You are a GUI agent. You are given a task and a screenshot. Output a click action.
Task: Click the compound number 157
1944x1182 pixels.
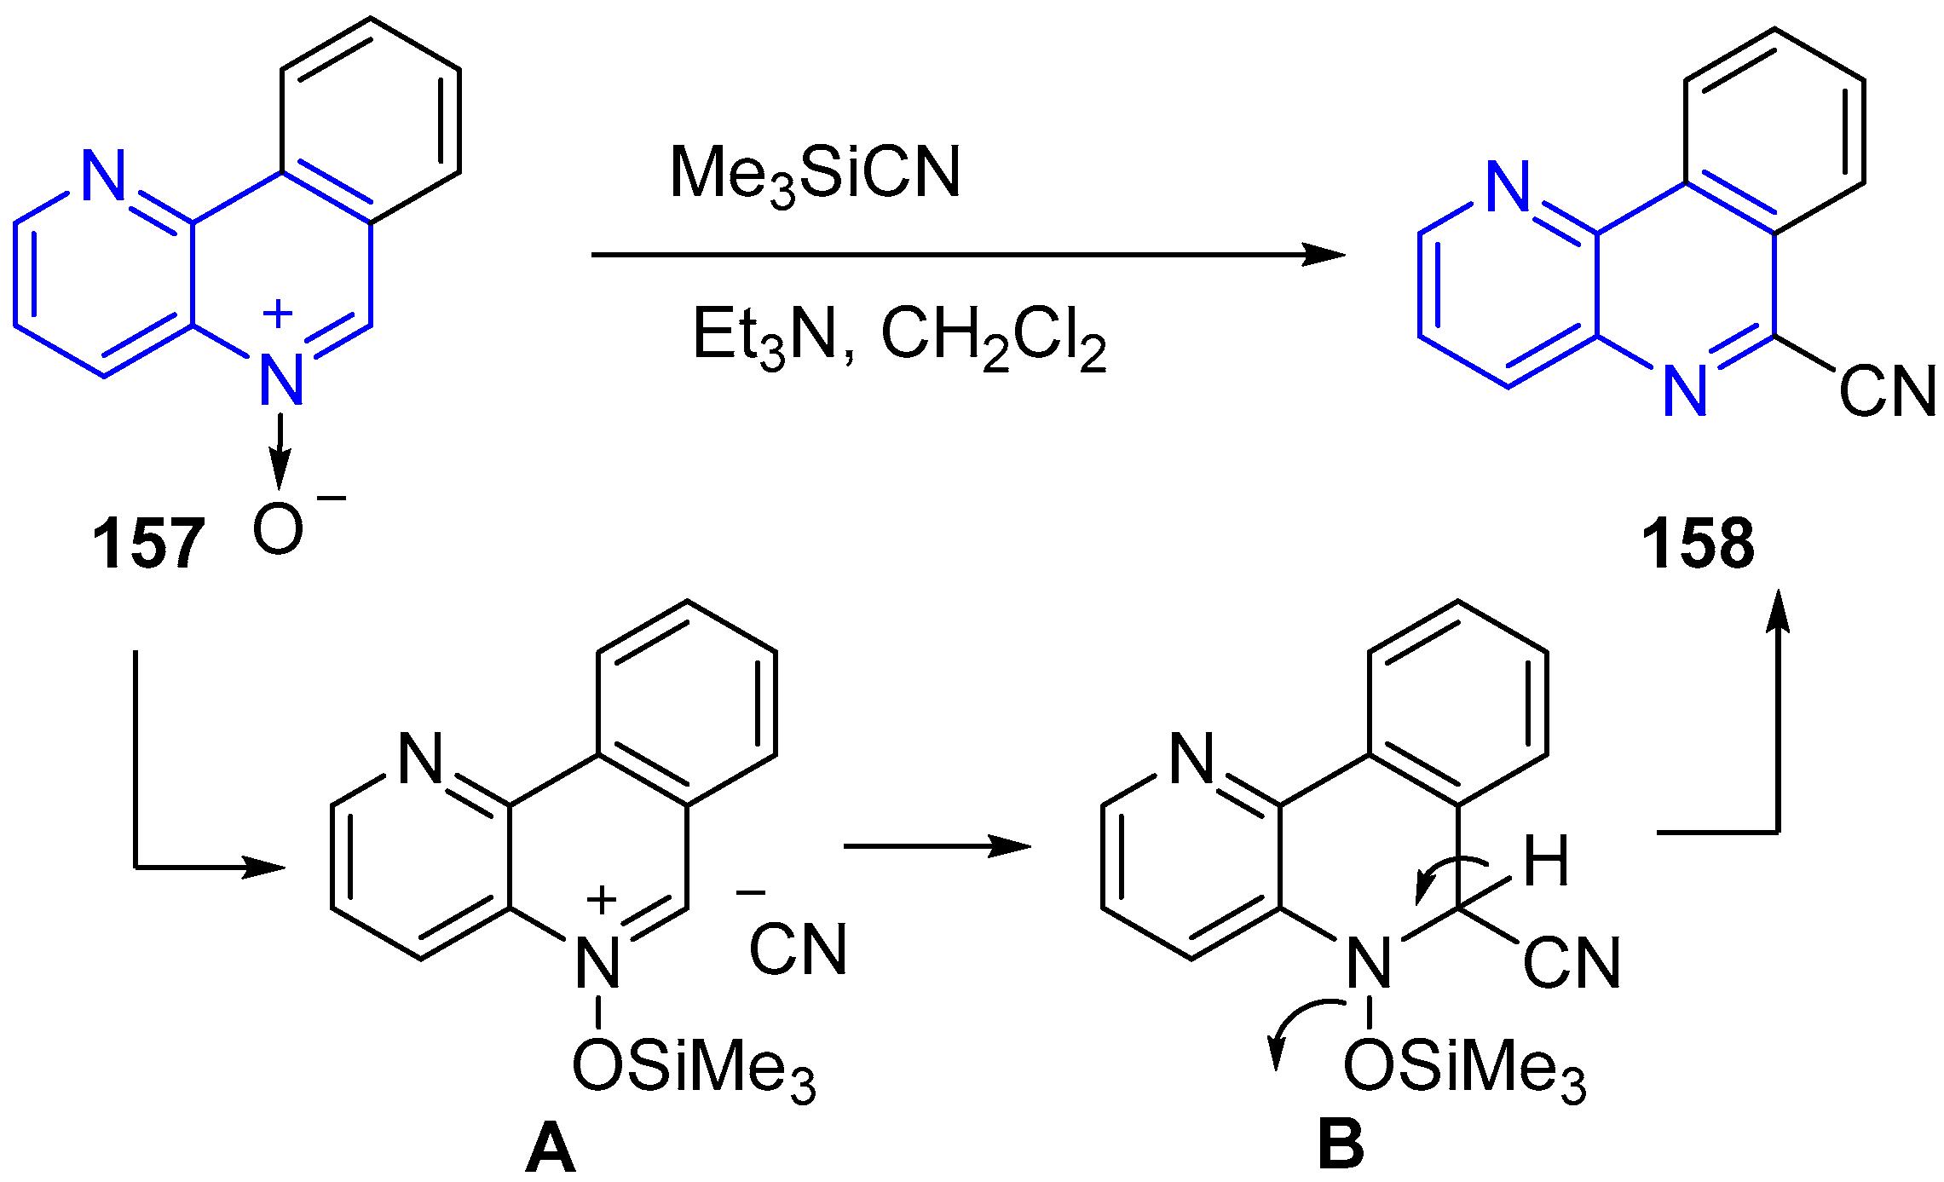point(148,544)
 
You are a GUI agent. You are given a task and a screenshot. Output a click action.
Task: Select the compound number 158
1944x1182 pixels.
point(1698,544)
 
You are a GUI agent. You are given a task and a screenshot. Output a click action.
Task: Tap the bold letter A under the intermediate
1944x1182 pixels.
point(551,1149)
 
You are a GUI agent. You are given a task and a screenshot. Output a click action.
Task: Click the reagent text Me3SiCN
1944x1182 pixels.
point(816,175)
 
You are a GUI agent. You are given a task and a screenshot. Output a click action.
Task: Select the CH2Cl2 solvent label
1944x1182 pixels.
point(993,337)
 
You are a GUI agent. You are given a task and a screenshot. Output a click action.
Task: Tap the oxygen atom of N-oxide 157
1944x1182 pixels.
point(278,529)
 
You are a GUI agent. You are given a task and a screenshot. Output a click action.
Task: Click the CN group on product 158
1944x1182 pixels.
point(1887,392)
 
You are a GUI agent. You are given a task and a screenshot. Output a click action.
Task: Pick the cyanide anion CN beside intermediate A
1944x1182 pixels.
point(798,948)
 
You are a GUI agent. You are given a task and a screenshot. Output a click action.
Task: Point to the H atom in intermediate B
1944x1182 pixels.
point(1546,862)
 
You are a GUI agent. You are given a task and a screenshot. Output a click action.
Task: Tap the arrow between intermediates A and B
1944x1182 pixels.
point(937,846)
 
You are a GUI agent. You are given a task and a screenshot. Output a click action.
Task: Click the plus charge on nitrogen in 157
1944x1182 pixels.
point(278,314)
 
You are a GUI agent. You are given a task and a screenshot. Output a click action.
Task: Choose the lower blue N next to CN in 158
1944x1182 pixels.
point(1685,391)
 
